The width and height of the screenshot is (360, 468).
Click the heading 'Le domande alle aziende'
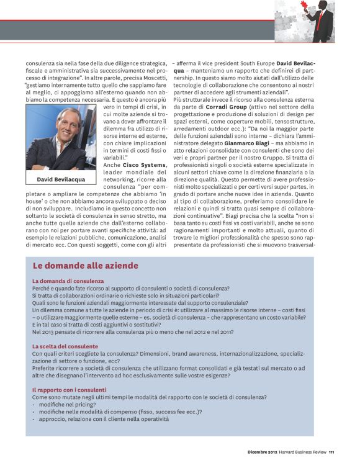[x=85, y=266]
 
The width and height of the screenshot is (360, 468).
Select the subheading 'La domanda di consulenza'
[x=68, y=281]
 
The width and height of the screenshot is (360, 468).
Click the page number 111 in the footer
[x=331, y=451]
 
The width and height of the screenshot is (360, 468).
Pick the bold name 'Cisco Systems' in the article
[x=145, y=164]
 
